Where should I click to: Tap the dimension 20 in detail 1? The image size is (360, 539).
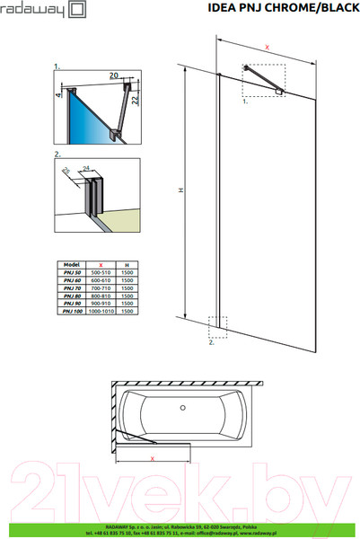[114, 76]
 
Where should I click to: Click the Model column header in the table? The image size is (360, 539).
[71, 265]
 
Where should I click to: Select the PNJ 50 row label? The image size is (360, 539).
[71, 272]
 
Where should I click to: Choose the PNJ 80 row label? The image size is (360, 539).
[71, 296]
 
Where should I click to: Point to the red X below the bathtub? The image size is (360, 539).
[153, 460]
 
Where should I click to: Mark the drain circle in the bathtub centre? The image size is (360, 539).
[186, 411]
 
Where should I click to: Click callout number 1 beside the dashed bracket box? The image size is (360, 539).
[245, 103]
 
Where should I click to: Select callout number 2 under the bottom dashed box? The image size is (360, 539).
[211, 343]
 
